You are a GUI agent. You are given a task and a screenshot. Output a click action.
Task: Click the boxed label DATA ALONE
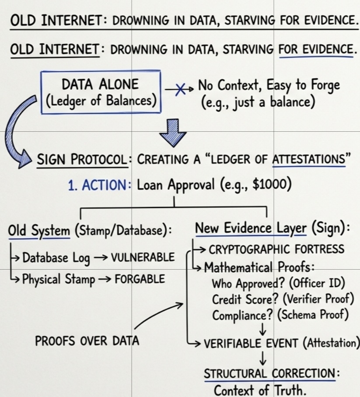click(100, 84)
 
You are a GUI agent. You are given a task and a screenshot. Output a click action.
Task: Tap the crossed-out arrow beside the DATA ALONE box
click(177, 89)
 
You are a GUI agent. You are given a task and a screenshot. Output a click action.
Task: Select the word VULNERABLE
click(142, 258)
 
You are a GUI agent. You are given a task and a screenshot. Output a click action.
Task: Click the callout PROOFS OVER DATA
click(87, 341)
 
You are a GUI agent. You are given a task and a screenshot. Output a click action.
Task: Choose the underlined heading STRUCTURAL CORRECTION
click(269, 374)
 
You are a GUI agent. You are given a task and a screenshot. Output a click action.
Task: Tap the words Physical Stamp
click(59, 279)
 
